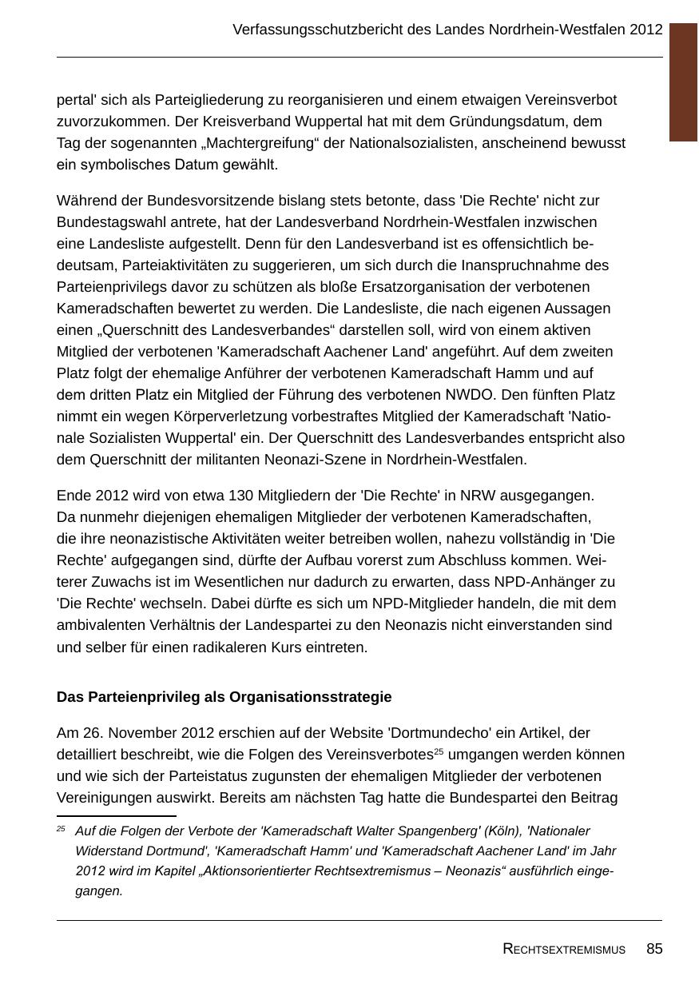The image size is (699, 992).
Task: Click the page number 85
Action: click(x=654, y=949)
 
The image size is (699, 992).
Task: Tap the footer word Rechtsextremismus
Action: click(x=564, y=950)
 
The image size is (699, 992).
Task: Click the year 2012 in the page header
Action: click(x=645, y=30)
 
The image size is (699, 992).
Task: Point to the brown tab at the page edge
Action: click(x=683, y=82)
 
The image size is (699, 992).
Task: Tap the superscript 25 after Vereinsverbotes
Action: click(x=439, y=751)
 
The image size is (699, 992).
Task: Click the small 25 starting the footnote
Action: click(x=61, y=830)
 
